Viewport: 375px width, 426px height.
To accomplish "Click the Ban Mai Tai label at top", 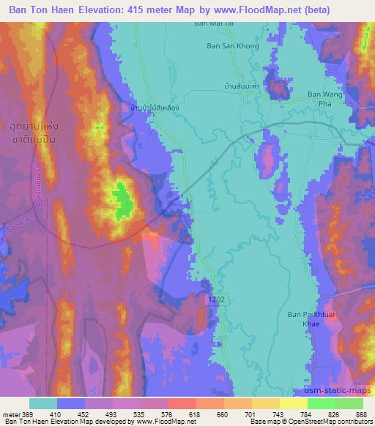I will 212,23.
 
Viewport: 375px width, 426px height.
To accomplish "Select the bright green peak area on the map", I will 121,199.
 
